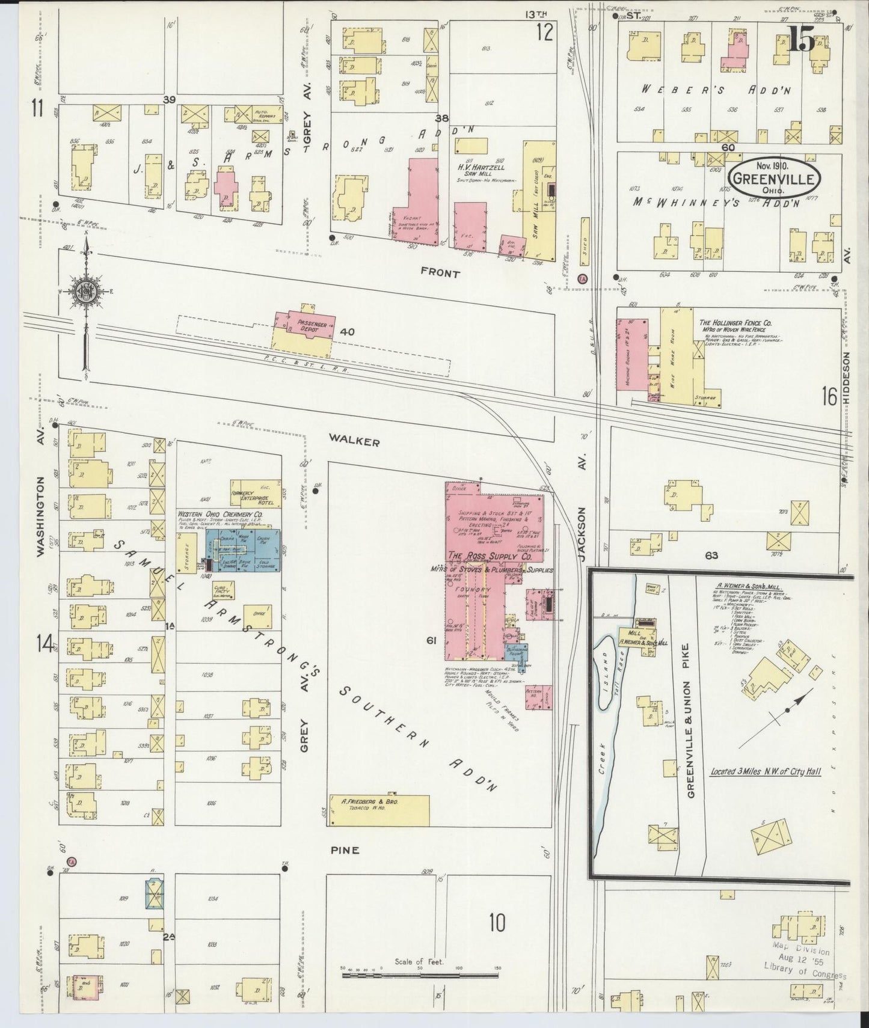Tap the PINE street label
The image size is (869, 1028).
[x=345, y=850]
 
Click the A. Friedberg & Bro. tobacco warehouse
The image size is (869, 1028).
[x=379, y=810]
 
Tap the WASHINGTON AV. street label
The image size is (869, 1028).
[x=40, y=517]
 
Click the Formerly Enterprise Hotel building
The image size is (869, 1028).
[x=256, y=493]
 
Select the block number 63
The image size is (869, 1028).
[x=711, y=555]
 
